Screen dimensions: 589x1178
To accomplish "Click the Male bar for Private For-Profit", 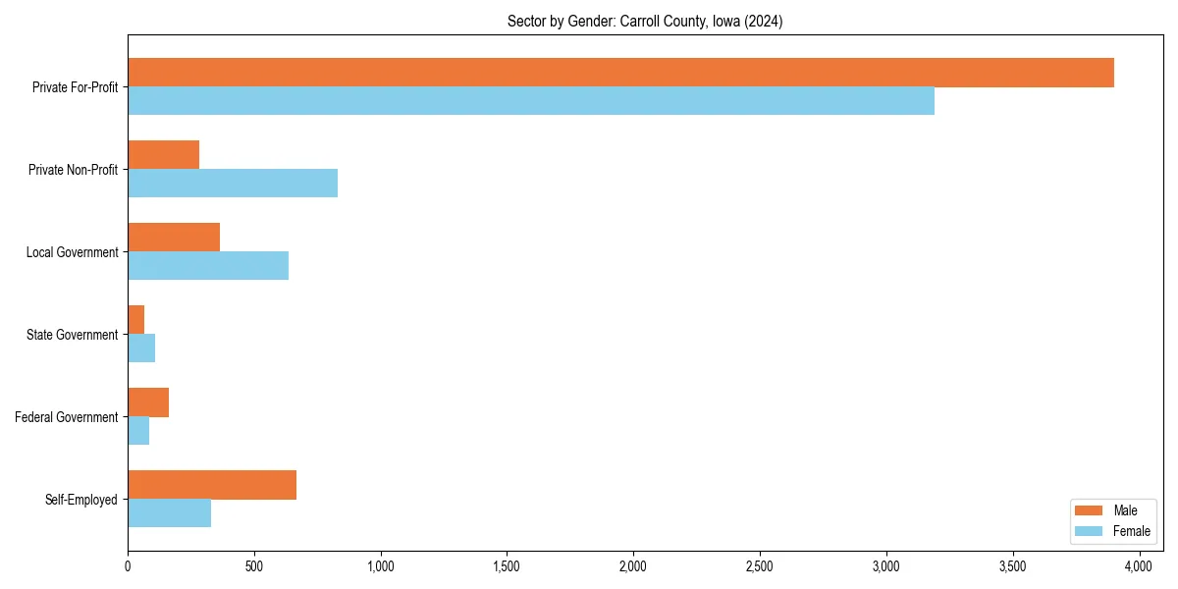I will (x=620, y=73).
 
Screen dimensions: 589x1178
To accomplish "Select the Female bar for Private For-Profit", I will (x=531, y=101).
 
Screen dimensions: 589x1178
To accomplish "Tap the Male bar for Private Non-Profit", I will (x=164, y=155).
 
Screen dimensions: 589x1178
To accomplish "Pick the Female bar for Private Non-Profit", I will (x=233, y=184).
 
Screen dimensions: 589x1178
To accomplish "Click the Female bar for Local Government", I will (x=208, y=266).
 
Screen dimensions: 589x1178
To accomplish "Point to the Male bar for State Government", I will (x=136, y=320).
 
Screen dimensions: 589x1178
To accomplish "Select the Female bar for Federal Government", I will (x=138, y=431).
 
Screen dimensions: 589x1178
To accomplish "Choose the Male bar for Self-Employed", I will (x=212, y=485).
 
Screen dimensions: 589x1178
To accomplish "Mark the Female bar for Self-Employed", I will (x=170, y=513).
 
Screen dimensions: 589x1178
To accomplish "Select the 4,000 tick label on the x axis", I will (x=1139, y=566).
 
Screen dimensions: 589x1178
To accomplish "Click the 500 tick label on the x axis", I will (x=254, y=566).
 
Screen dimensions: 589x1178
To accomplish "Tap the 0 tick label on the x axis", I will (x=128, y=566).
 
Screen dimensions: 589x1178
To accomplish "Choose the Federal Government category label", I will (x=67, y=417).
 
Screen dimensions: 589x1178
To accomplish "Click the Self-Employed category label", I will (x=81, y=500).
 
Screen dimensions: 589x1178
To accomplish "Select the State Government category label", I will (x=73, y=335).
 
